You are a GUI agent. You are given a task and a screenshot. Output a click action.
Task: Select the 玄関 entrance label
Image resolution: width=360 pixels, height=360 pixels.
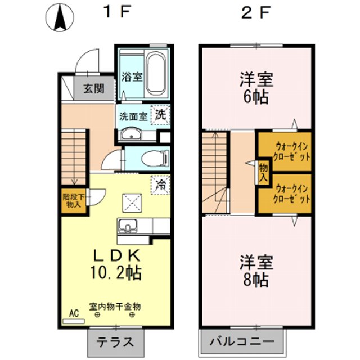(94, 88)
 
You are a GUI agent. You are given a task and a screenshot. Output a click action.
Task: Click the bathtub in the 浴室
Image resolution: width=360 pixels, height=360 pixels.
(155, 75)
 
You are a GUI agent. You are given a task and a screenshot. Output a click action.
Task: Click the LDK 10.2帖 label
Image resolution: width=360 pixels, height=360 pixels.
(116, 264)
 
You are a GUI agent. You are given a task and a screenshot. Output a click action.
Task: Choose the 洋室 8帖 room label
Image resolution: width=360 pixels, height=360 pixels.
(256, 270)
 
